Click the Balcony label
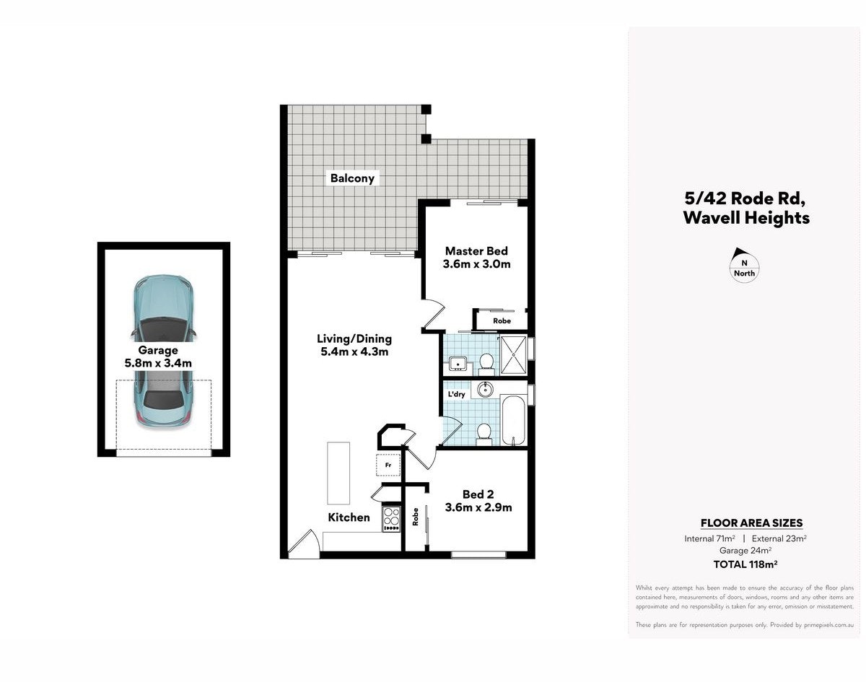(x=352, y=178)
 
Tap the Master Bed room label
(x=476, y=251)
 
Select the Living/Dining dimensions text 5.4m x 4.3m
(x=354, y=352)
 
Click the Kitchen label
(x=349, y=517)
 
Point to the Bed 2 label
(x=478, y=494)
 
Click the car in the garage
(x=164, y=351)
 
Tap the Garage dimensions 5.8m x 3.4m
(x=158, y=363)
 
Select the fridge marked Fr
(x=388, y=465)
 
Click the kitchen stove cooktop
(x=391, y=519)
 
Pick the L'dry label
(x=456, y=394)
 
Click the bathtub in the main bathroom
(x=514, y=420)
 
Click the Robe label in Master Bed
(x=502, y=321)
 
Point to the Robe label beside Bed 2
(x=415, y=517)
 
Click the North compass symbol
(x=745, y=266)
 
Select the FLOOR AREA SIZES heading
(x=752, y=523)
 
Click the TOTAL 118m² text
(x=745, y=564)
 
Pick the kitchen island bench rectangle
(x=338, y=473)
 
